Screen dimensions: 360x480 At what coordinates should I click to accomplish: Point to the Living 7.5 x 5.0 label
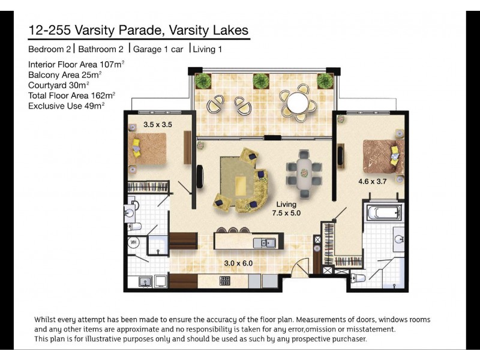[286, 208]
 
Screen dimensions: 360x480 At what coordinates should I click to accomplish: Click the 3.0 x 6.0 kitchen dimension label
[239, 263]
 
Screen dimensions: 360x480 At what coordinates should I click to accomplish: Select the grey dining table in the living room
[304, 171]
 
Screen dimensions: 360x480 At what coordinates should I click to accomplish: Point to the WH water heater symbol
[133, 243]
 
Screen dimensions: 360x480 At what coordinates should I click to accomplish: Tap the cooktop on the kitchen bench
[226, 280]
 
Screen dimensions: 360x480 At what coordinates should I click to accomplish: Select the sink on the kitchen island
[265, 242]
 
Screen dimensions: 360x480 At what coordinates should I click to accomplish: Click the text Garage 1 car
[158, 49]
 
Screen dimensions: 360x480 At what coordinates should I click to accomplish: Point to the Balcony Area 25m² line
[65, 74]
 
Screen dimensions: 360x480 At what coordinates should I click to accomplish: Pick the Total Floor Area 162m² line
[71, 95]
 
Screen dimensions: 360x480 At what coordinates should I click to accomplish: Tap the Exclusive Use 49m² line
[66, 105]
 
